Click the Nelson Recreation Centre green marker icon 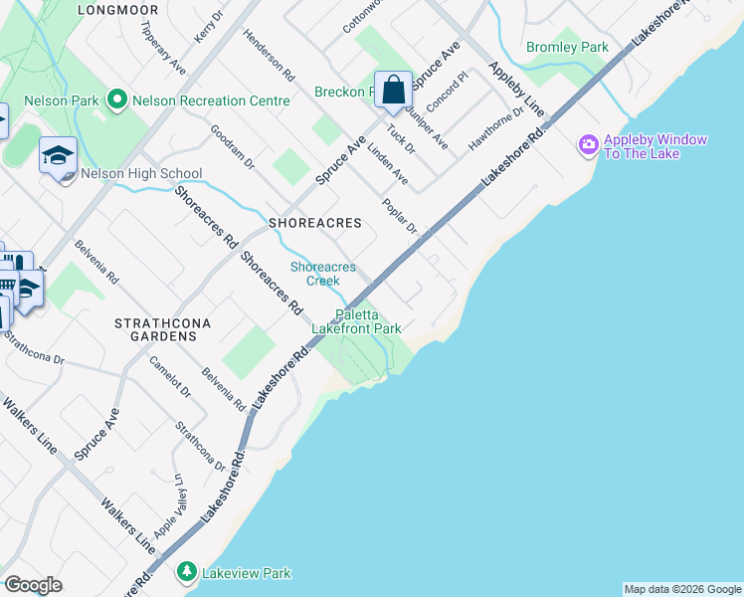tap(117, 99)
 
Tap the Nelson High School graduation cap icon tap(59, 155)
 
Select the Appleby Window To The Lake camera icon tap(588, 146)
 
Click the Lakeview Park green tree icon tap(186, 572)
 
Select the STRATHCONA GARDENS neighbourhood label tap(155, 330)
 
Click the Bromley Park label tap(566, 47)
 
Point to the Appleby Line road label tap(516, 87)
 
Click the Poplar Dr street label tap(399, 216)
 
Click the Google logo tap(33, 585)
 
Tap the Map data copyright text tap(682, 589)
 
